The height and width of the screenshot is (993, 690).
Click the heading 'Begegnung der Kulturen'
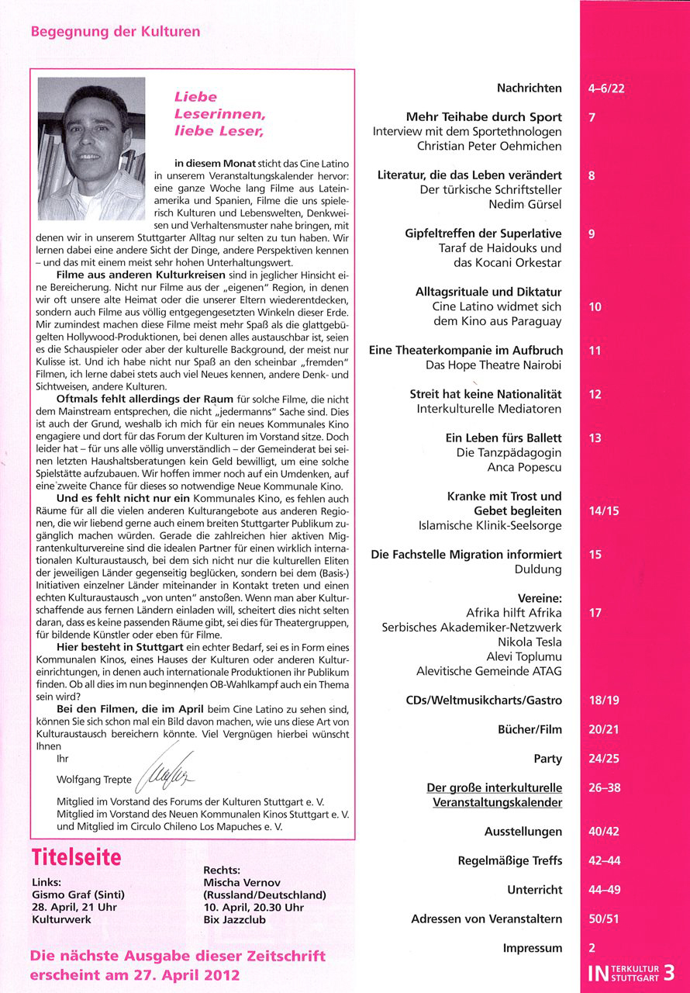tap(116, 32)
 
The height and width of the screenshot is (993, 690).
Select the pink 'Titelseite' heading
tap(77, 857)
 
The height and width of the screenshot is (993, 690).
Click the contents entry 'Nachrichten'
tap(530, 88)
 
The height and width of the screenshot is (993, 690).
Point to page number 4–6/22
tap(606, 88)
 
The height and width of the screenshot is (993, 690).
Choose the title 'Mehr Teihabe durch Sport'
tap(484, 117)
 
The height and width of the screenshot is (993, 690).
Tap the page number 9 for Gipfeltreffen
tap(592, 234)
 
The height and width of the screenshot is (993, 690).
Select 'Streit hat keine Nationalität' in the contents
tap(485, 394)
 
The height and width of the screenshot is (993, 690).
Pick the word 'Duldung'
tap(537, 569)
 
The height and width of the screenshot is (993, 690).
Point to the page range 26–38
tap(604, 787)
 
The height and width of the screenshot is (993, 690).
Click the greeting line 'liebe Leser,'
tap(219, 131)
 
